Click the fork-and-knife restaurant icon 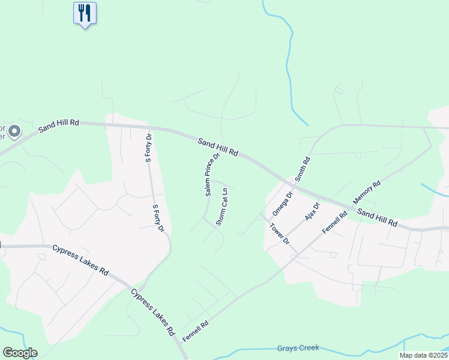click(85, 13)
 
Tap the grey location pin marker click(15, 130)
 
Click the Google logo click(20, 353)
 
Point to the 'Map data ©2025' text click(423, 355)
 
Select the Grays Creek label click(298, 348)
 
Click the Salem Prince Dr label click(212, 174)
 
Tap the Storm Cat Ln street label click(222, 207)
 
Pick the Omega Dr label click(282, 203)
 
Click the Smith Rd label click(303, 169)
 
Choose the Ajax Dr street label click(313, 212)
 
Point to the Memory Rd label click(367, 193)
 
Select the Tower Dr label click(280, 234)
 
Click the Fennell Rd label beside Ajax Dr click(335, 223)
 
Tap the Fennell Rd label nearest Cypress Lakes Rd click(196, 331)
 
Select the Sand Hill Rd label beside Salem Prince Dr click(218, 146)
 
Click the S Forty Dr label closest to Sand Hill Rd click(148, 149)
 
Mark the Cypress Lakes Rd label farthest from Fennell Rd click(80, 259)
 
